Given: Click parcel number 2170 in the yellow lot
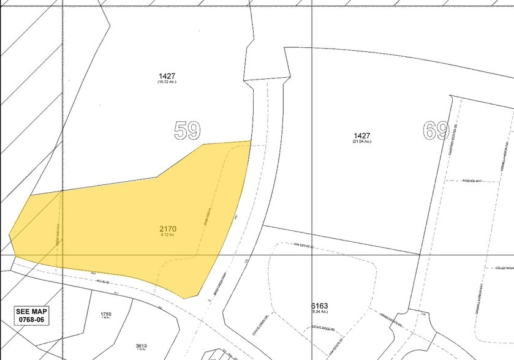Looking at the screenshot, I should tap(168, 229).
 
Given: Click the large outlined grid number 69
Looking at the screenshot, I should tap(436, 131).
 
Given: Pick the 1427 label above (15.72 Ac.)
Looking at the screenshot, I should tap(167, 76).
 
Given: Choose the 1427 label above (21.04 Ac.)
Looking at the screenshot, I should tap(361, 135).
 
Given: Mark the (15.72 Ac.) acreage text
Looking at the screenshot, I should tap(167, 82).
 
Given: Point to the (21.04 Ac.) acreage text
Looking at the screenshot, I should tap(361, 141).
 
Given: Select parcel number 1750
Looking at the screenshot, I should tap(106, 314).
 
